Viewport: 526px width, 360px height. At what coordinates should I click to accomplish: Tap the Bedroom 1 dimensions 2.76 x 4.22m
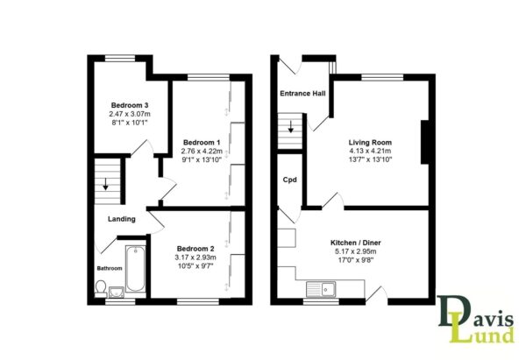(x=202, y=151)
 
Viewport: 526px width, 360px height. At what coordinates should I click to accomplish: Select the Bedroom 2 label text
(x=195, y=249)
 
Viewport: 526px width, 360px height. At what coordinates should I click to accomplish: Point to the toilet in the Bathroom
(x=101, y=289)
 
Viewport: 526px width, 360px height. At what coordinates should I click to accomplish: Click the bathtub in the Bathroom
(x=136, y=269)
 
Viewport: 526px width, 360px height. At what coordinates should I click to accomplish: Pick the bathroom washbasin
(x=116, y=292)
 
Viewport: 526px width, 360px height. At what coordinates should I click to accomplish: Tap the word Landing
(x=122, y=219)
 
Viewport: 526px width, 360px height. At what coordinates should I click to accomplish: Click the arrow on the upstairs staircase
(x=106, y=184)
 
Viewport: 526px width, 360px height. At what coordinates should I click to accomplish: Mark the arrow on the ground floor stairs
(x=290, y=126)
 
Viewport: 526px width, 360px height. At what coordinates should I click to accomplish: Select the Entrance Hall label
(x=302, y=94)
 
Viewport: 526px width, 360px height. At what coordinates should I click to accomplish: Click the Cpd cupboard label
(x=290, y=180)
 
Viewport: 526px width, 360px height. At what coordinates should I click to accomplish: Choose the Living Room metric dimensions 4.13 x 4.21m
(x=370, y=151)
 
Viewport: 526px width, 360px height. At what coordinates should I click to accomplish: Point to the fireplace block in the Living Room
(x=424, y=142)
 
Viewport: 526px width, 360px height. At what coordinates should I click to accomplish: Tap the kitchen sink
(x=321, y=289)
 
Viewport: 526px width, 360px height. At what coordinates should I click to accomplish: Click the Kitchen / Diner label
(x=356, y=243)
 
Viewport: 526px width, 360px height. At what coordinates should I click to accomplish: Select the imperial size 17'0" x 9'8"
(x=356, y=260)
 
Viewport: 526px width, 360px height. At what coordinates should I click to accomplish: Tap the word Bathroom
(x=110, y=269)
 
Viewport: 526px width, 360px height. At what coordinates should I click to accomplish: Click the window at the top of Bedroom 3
(x=120, y=59)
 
